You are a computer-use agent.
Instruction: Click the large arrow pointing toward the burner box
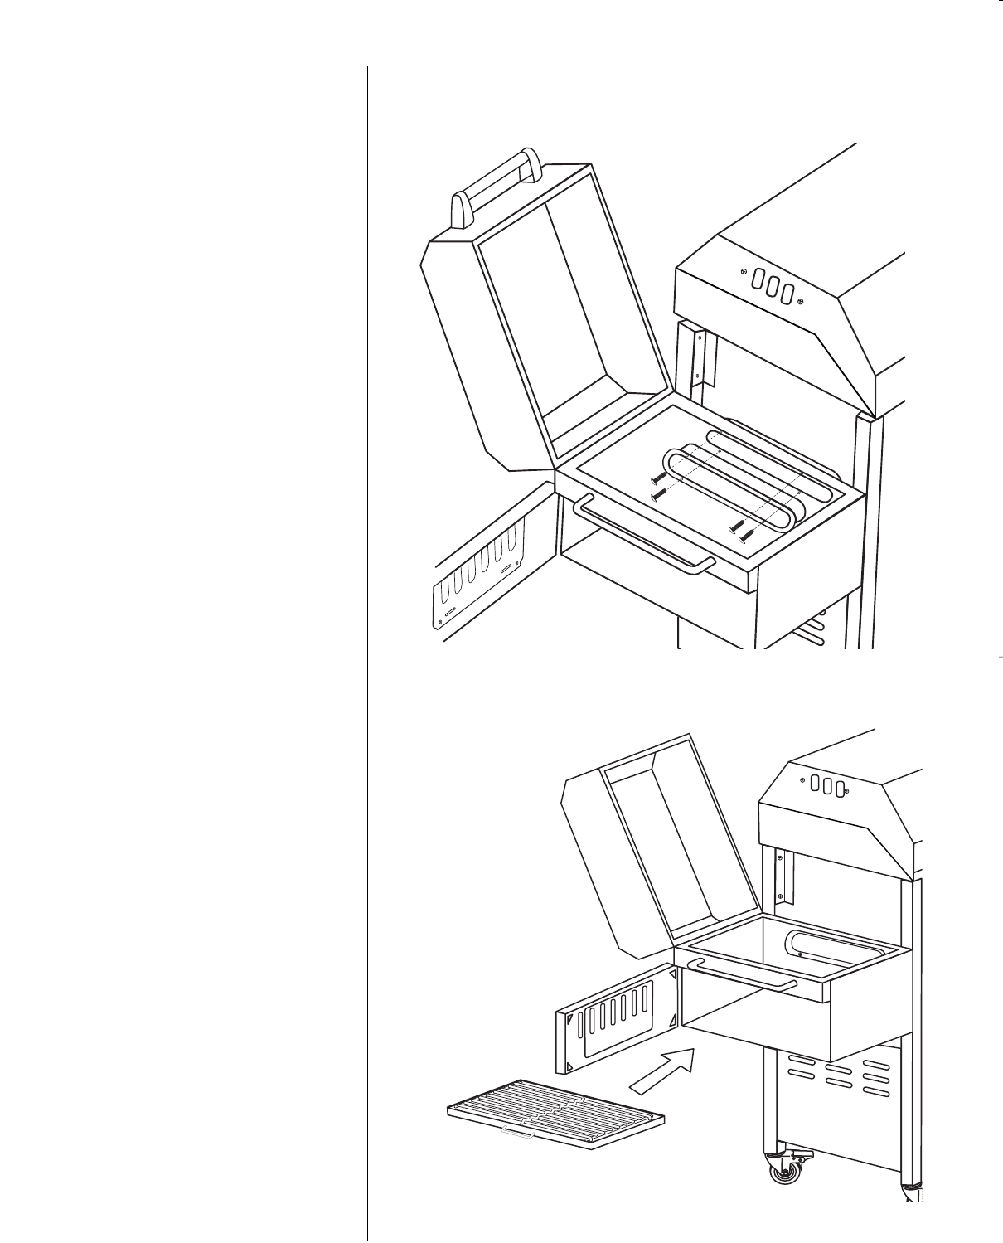[664, 1070]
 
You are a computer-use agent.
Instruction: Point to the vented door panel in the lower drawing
[618, 1016]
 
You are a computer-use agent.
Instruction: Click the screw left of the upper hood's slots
[744, 272]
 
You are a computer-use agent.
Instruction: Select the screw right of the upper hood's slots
[800, 301]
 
